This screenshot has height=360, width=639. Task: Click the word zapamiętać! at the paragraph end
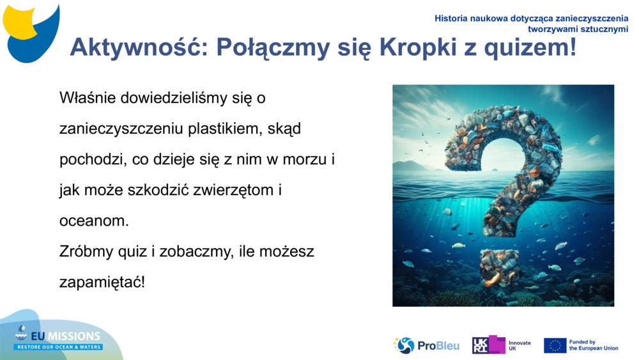102,282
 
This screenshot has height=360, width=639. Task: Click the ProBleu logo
426,345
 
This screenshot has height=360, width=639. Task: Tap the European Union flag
555,345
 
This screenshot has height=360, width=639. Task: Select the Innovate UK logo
502,345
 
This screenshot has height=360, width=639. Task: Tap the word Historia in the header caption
451,19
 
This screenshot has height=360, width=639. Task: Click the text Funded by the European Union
593,345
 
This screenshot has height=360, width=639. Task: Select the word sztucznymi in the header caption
605,29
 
